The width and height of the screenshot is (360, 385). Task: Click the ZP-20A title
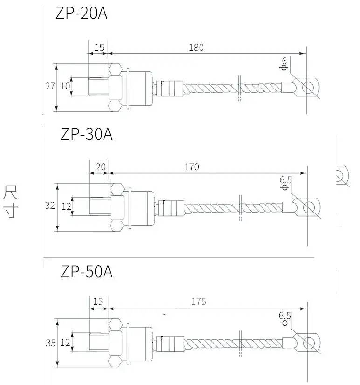[81, 13]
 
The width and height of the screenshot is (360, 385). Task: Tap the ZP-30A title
[86, 134]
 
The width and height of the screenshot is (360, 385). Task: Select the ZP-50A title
[86, 271]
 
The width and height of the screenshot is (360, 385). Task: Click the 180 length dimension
[196, 48]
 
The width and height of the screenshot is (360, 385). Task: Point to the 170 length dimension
[192, 167]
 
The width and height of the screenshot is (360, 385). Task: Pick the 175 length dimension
[199, 302]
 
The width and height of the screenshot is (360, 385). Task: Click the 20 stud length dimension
[101, 167]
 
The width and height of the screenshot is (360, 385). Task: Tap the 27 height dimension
[50, 86]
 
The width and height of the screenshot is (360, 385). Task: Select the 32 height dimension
[50, 206]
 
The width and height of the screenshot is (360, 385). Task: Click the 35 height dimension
[51, 343]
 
